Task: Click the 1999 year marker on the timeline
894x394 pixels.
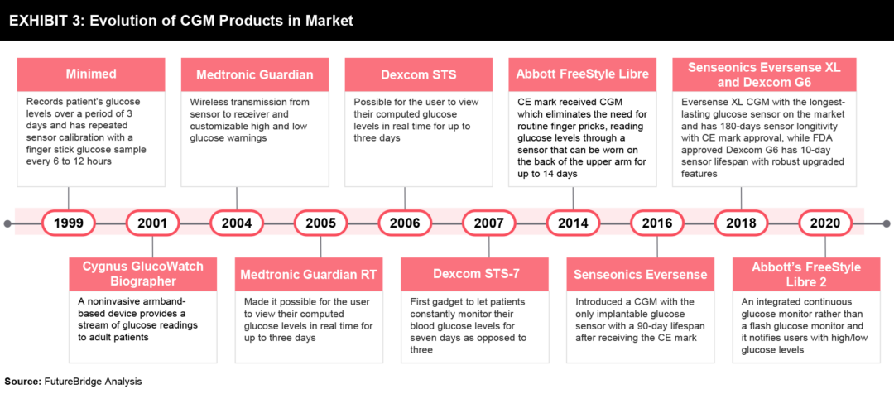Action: [69, 223]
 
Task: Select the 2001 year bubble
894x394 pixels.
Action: [152, 223]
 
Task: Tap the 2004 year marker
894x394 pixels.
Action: [237, 223]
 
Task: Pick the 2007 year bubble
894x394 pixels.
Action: [489, 223]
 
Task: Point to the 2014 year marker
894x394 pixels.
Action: [573, 223]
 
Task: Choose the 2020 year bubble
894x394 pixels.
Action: [825, 223]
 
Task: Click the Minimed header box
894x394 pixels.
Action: [91, 74]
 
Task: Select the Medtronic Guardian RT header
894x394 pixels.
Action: [309, 274]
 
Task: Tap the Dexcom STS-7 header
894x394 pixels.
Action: [476, 274]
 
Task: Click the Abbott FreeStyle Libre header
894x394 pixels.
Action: [583, 74]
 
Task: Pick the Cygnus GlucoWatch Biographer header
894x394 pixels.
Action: [143, 274]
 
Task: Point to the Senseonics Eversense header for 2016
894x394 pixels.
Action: [640, 274]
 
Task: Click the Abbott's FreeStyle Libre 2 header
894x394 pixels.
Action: [805, 274]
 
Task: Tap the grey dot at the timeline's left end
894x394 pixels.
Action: [7, 223]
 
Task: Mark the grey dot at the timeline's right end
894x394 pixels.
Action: [886, 223]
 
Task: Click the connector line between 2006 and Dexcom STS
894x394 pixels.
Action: [405, 199]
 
